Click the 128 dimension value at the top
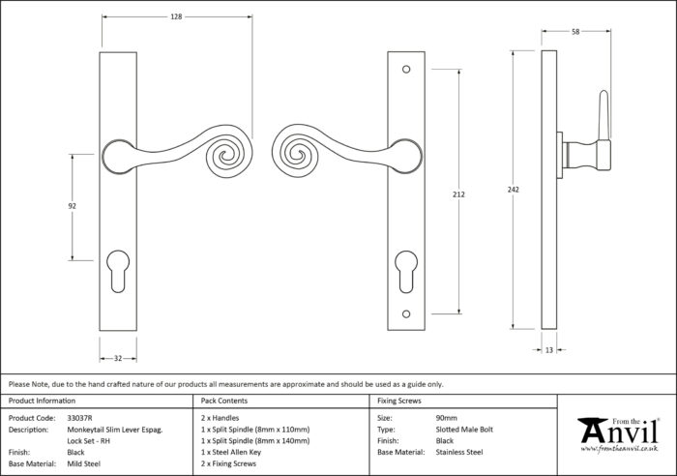coord(176,16)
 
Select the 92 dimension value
coord(73,206)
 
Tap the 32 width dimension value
coord(118,358)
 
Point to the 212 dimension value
coord(458,194)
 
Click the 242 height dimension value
coord(513,190)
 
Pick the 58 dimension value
coord(575,32)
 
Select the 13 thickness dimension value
coord(548,350)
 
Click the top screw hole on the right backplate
coord(406,69)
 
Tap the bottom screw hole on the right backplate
coord(406,314)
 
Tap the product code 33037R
coord(80,418)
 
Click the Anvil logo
coord(619,434)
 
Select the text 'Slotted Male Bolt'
coord(464,430)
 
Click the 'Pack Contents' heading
coord(224,401)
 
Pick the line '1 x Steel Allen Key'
coord(231,452)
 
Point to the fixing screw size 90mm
coord(447,418)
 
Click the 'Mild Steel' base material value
coord(84,463)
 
